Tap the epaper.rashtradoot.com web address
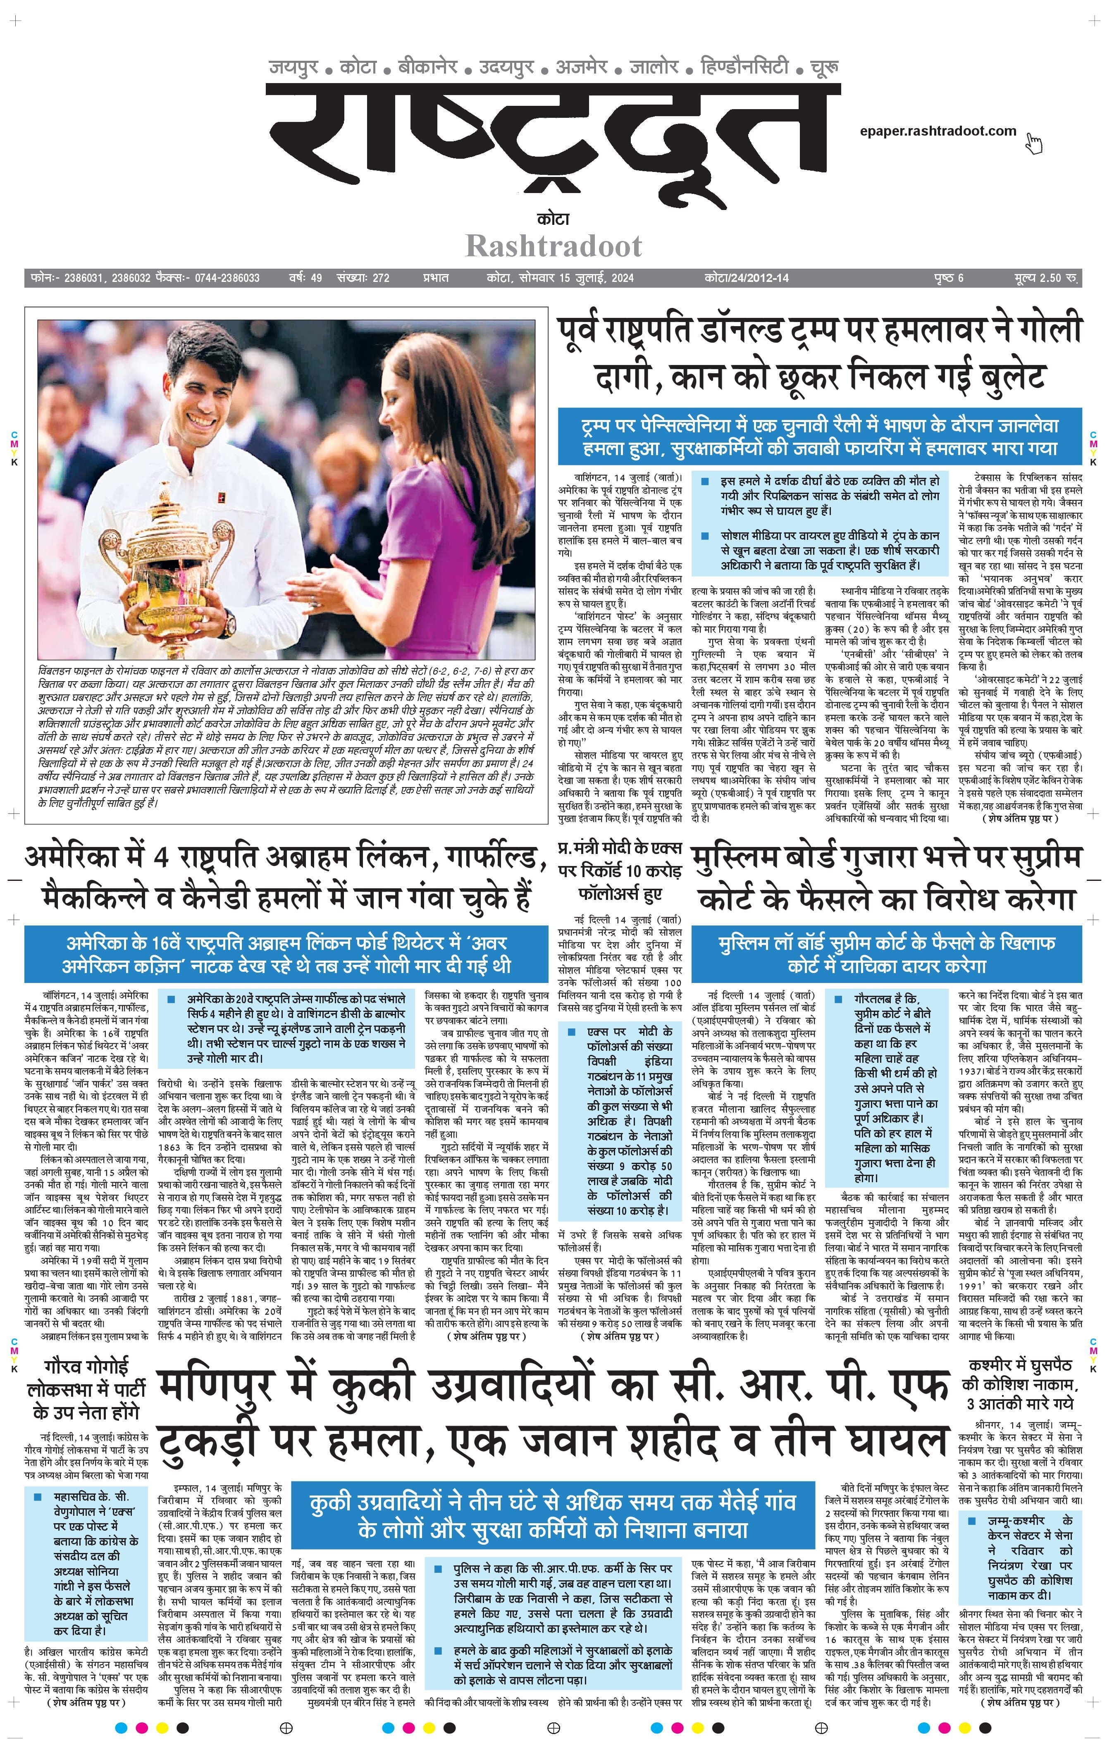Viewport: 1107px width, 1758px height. [x=938, y=131]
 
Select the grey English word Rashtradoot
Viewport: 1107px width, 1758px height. [x=553, y=246]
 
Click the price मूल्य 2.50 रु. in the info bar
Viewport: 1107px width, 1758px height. [x=1046, y=278]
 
